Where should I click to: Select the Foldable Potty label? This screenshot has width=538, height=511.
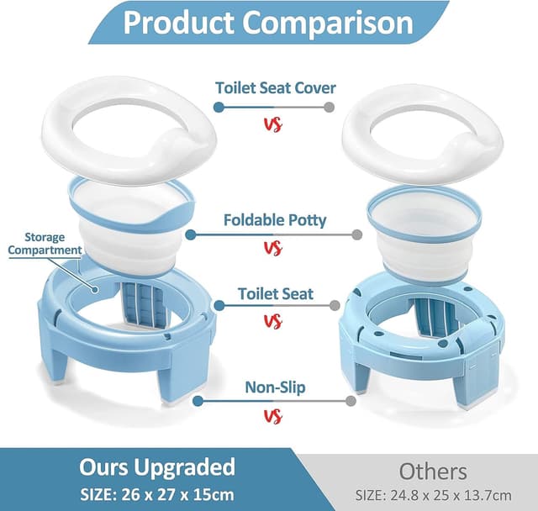pyautogui.click(x=275, y=220)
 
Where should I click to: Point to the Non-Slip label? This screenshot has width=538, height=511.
pyautogui.click(x=275, y=387)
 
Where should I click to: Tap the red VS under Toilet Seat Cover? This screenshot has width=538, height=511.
pyautogui.click(x=272, y=124)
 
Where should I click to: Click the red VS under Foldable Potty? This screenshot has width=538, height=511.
pyautogui.click(x=272, y=248)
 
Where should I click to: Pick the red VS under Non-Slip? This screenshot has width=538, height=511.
pyautogui.click(x=272, y=416)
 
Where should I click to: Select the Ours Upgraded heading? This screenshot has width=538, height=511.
pyautogui.click(x=157, y=466)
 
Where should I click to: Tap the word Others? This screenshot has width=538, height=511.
pyautogui.click(x=433, y=470)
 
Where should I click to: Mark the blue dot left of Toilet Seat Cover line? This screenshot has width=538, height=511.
pyautogui.click(x=219, y=107)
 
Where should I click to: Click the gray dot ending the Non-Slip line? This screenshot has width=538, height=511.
pyautogui.click(x=351, y=401)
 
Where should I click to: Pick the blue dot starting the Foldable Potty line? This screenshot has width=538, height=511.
pyautogui.click(x=191, y=235)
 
